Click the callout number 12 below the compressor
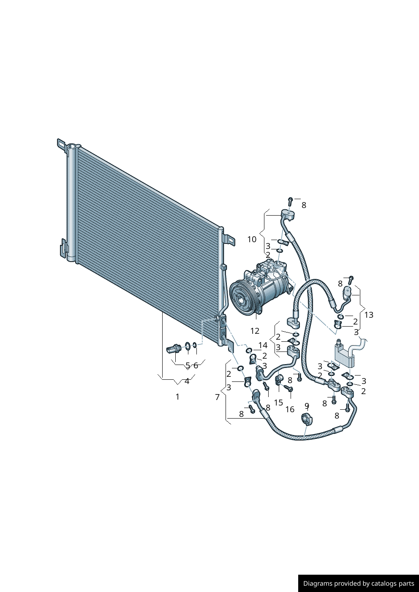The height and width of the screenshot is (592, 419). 255,331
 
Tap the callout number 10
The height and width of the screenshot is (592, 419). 252,239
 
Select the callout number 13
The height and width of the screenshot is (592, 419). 368,315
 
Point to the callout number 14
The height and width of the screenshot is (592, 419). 263,346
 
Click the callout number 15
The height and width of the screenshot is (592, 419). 278,403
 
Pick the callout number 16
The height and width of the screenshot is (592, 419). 290,409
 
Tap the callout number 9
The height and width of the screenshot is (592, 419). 307,406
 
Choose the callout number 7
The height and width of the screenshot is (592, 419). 218,397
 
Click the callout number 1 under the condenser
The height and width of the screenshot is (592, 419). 177,397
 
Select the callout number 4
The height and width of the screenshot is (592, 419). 187,381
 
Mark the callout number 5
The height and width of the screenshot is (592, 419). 188,365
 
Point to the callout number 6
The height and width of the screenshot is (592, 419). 196,365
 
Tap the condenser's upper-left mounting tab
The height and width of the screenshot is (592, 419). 61,144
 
